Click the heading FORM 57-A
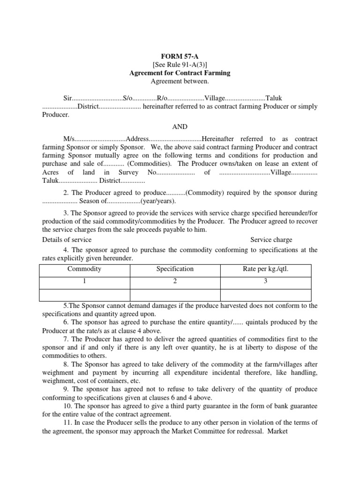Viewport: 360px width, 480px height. pyautogui.click(x=180, y=56)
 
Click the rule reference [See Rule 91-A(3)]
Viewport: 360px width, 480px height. pyautogui.click(x=180, y=64)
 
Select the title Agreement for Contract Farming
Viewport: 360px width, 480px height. pyautogui.click(x=180, y=73)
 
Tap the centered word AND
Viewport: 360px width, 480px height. pyautogui.click(x=180, y=127)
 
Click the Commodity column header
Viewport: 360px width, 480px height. pyautogui.click(x=84, y=269)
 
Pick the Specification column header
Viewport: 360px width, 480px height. pyautogui.click(x=175, y=269)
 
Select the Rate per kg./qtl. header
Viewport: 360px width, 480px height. pyautogui.click(x=266, y=269)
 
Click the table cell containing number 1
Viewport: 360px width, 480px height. pyautogui.click(x=84, y=283)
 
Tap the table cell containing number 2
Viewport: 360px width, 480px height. pyautogui.click(x=175, y=283)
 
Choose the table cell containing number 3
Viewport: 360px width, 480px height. pyautogui.click(x=266, y=283)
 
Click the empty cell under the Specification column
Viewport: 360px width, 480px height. pyautogui.click(x=175, y=295)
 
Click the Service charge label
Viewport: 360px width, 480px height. pyautogui.click(x=270, y=240)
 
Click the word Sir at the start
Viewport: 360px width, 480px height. pyautogui.click(x=68, y=98)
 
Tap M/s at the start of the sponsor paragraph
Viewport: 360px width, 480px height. pyautogui.click(x=69, y=139)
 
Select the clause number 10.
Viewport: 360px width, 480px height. pyautogui.click(x=67, y=406)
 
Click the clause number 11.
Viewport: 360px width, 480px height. pyautogui.click(x=67, y=423)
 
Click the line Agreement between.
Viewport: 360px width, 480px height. pyautogui.click(x=180, y=82)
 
